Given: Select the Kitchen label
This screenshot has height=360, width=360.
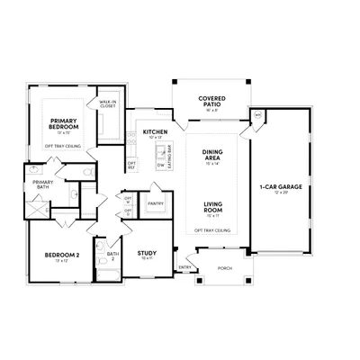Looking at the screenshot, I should click(155, 132).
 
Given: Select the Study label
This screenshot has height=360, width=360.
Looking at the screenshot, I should click(148, 255).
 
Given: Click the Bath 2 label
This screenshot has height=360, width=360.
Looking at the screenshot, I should click(112, 256).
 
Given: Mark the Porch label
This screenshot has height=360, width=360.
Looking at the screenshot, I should click(225, 266).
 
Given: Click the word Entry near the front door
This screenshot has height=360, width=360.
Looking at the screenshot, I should click(184, 266).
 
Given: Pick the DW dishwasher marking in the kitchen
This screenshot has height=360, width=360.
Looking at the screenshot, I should click(159, 166).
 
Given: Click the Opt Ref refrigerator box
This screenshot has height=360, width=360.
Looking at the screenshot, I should click(131, 165).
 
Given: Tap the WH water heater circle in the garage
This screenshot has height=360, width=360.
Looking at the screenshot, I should click(256, 115).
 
